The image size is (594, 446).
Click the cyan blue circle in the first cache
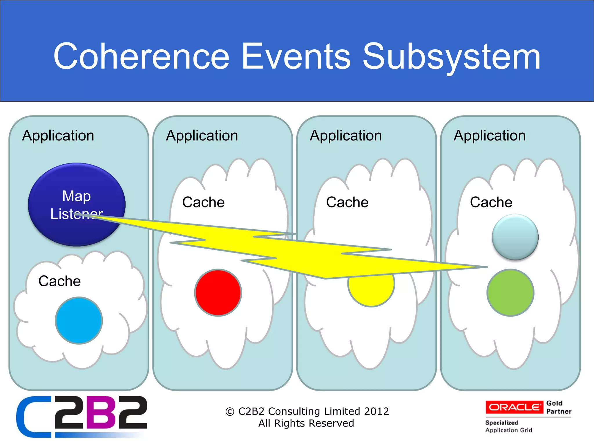[x=79, y=321]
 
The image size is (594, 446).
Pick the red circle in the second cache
[x=218, y=292]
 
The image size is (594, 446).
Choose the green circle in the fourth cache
[x=510, y=292]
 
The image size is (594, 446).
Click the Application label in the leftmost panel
[x=58, y=136]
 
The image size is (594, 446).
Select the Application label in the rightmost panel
[x=490, y=136]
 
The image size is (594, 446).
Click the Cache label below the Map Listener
[x=59, y=281]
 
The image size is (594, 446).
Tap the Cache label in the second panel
[x=203, y=202]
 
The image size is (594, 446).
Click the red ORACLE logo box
[x=514, y=407]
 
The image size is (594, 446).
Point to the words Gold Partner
[x=558, y=407]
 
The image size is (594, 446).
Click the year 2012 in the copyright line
[x=376, y=411]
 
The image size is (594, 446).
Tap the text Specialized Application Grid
[x=508, y=426]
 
